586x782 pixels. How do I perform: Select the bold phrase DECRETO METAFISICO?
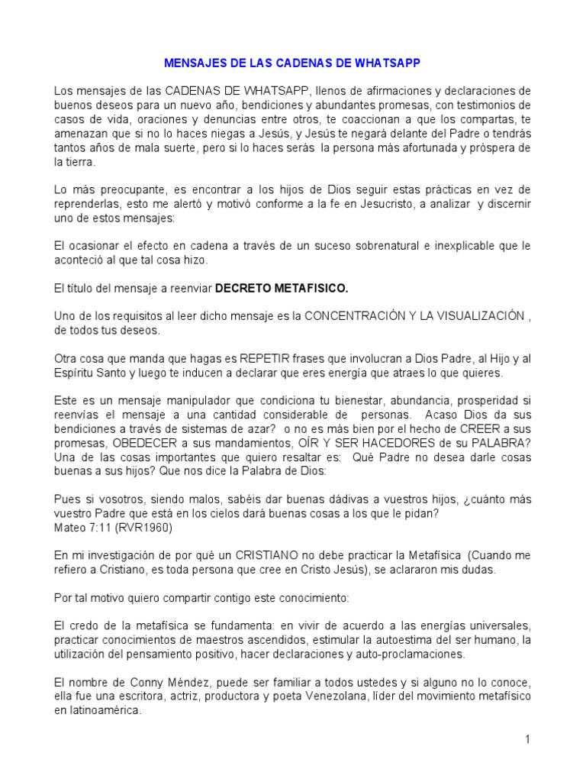pyautogui.click(x=282, y=289)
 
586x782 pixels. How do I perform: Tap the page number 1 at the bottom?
pyautogui.click(x=526, y=739)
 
